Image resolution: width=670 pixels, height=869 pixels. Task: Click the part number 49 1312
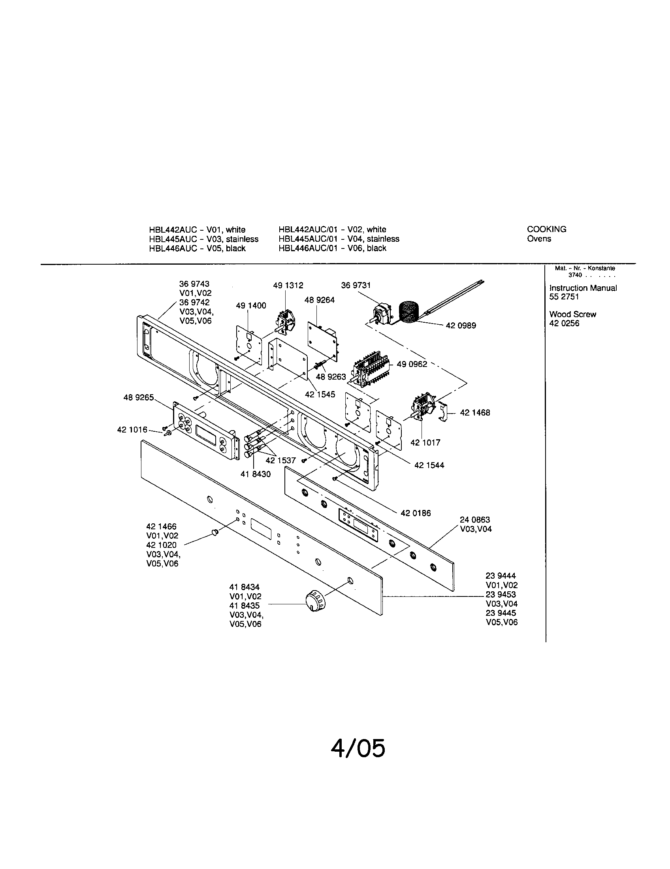point(288,285)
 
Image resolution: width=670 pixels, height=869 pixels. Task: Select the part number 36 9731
point(356,285)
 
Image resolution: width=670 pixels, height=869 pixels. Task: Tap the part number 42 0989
point(461,325)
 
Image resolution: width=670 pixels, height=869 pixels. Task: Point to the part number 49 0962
point(412,364)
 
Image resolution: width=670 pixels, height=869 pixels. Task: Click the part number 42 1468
point(475,413)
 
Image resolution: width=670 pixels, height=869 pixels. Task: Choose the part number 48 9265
point(138,397)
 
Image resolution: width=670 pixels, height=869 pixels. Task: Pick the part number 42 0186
point(416,513)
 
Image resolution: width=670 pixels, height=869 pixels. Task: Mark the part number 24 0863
point(475,520)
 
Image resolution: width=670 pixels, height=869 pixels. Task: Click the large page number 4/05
point(358,748)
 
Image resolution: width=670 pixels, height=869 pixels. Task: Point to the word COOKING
point(546,229)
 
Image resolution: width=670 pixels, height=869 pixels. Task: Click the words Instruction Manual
point(583,288)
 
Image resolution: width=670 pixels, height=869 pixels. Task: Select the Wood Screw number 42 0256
point(564,324)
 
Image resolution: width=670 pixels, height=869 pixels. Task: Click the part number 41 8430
point(256,474)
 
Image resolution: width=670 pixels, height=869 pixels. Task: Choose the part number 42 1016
point(132,430)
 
